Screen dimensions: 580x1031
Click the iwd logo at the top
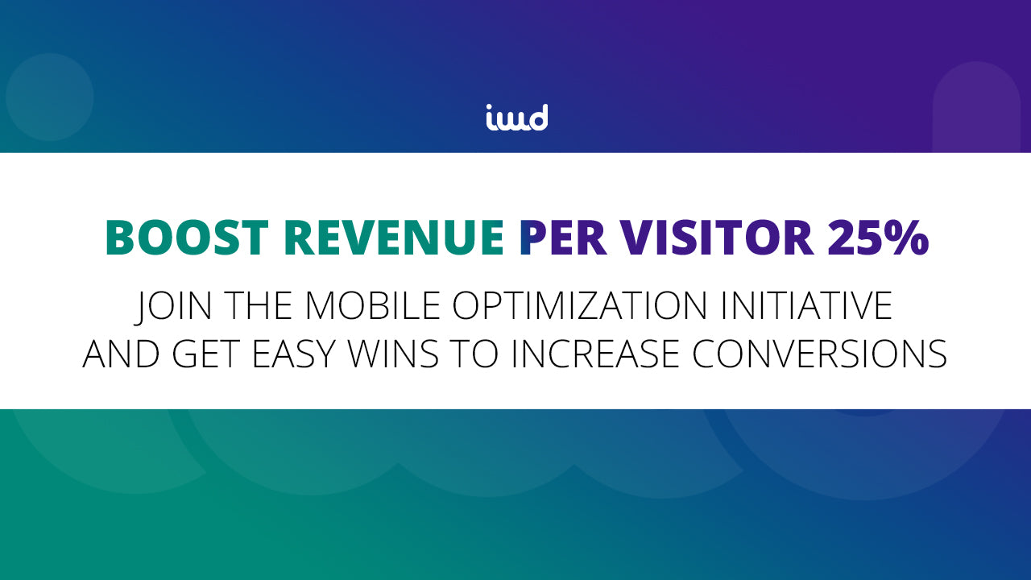tap(516, 118)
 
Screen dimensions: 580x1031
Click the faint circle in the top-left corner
tap(50, 97)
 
